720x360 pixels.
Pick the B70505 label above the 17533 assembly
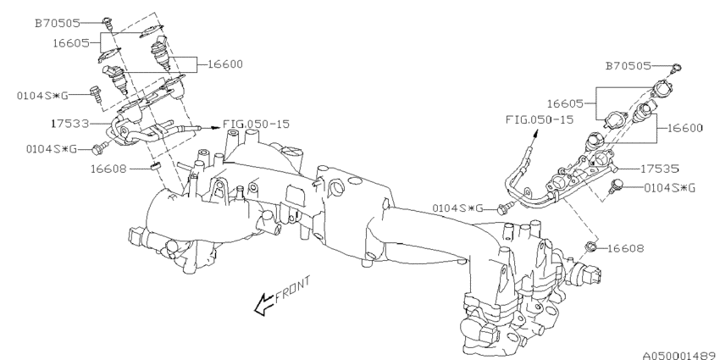pyautogui.click(x=59, y=24)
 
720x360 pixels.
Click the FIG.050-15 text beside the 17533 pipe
pyautogui.click(x=257, y=124)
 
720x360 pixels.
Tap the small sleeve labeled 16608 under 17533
pyautogui.click(x=156, y=166)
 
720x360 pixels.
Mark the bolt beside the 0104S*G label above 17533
pyautogui.click(x=97, y=90)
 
